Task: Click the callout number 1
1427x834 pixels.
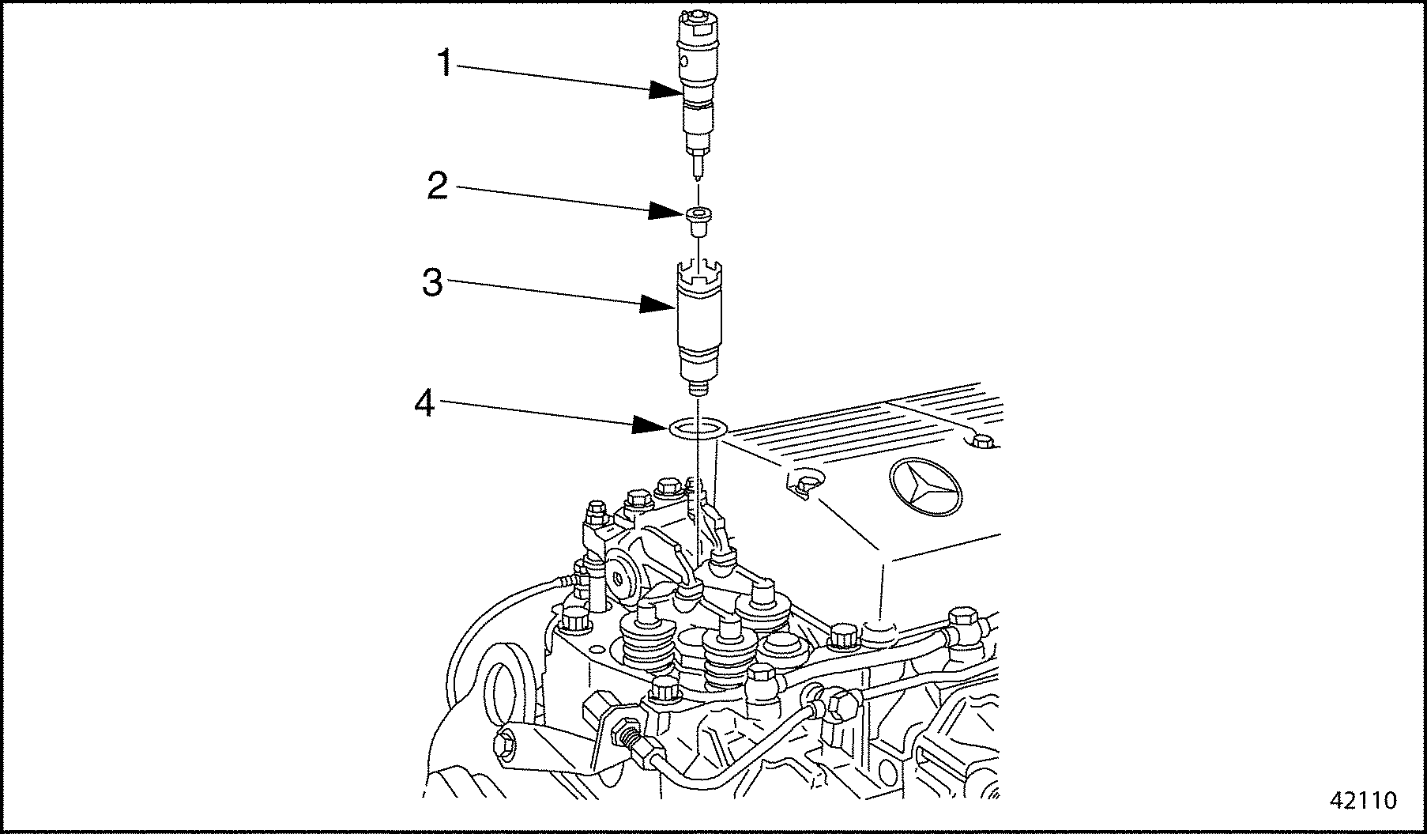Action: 445,62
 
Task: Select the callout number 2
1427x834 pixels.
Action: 437,186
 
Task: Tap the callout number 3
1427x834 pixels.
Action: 432,282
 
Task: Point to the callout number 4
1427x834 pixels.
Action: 425,405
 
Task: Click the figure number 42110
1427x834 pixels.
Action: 1364,801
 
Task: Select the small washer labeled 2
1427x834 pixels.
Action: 698,221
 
